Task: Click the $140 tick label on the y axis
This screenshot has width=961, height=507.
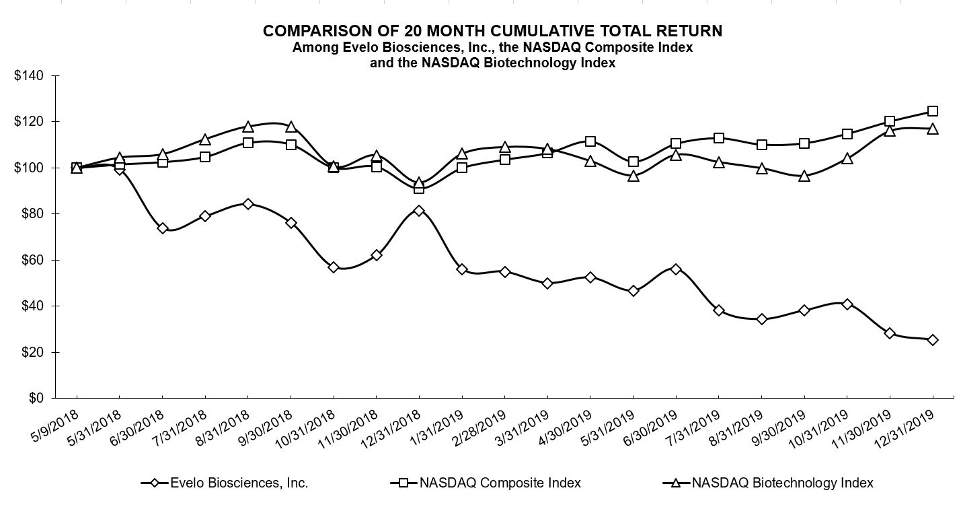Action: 29,75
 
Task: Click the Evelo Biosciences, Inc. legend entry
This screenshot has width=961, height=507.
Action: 239,483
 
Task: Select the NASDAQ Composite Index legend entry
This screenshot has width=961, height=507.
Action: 500,483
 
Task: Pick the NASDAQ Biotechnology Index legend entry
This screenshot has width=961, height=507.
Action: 782,483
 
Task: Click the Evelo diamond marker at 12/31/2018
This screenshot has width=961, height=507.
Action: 419,211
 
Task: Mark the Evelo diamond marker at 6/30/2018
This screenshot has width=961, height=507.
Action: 162,228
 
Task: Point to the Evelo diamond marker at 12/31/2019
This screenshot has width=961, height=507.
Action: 932,340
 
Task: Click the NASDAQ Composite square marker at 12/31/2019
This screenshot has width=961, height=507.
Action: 932,111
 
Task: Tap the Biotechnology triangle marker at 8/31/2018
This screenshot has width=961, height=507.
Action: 247,127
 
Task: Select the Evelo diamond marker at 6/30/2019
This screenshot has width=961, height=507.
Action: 676,269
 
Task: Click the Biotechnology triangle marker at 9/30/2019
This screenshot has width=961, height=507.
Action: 804,176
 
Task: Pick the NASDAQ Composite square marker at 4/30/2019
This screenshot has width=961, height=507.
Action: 590,141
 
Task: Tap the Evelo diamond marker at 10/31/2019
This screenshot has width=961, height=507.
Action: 847,304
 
